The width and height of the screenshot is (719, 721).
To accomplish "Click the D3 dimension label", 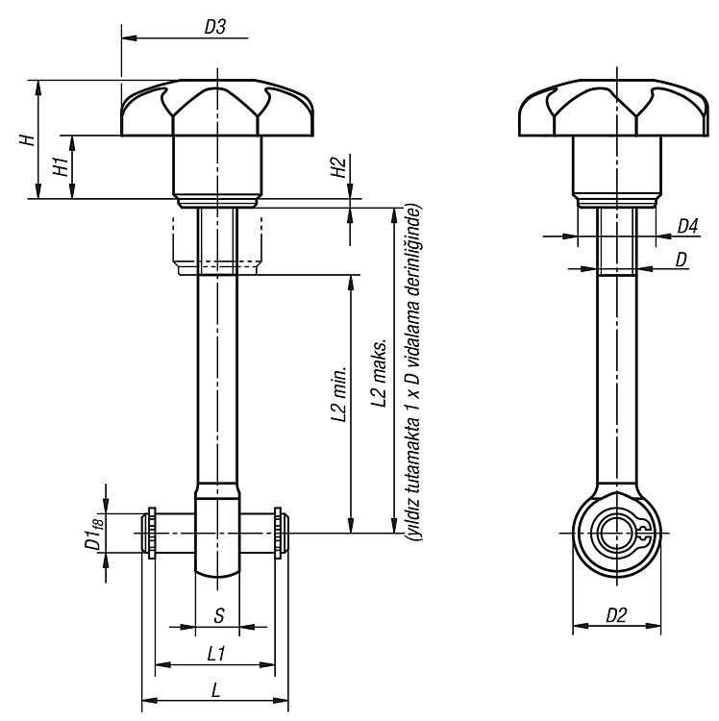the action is point(215,27).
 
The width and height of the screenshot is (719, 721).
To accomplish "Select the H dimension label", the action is point(28,139).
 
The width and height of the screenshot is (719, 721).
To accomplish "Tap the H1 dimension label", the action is point(62,166).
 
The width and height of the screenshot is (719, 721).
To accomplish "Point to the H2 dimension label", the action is point(338,167).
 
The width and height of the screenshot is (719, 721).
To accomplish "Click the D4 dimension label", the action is point(687,226).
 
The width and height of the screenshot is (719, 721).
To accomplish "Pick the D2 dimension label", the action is point(616,615).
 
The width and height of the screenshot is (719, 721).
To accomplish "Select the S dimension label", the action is point(219,615).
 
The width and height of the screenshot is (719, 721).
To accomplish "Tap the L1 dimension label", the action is point(215,654).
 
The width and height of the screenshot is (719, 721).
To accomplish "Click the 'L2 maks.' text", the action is point(380,373).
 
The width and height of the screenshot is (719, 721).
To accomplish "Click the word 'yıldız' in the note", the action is point(413,519).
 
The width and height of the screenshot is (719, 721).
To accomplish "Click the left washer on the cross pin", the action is point(151,533).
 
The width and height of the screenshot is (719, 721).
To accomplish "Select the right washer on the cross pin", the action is point(278,533).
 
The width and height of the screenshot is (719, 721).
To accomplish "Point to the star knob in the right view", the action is point(613,108).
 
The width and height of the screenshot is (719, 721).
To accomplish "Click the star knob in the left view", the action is point(217,108).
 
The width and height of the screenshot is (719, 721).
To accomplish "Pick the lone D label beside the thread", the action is point(681,260).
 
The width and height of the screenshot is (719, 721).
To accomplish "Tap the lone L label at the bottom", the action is point(215,689).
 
